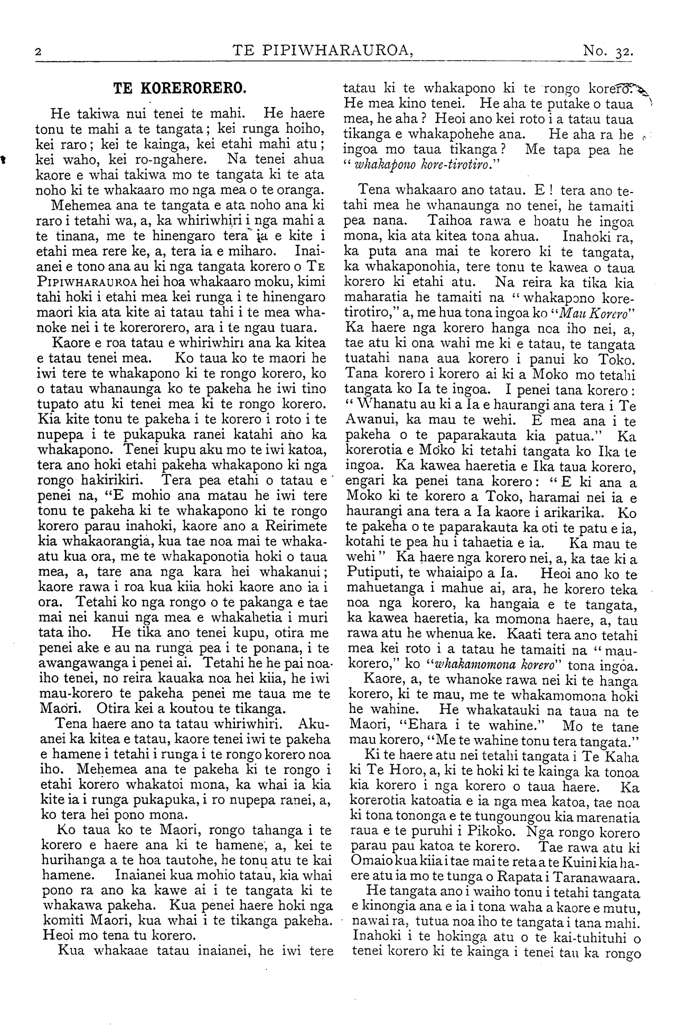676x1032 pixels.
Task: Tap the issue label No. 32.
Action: (x=607, y=51)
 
